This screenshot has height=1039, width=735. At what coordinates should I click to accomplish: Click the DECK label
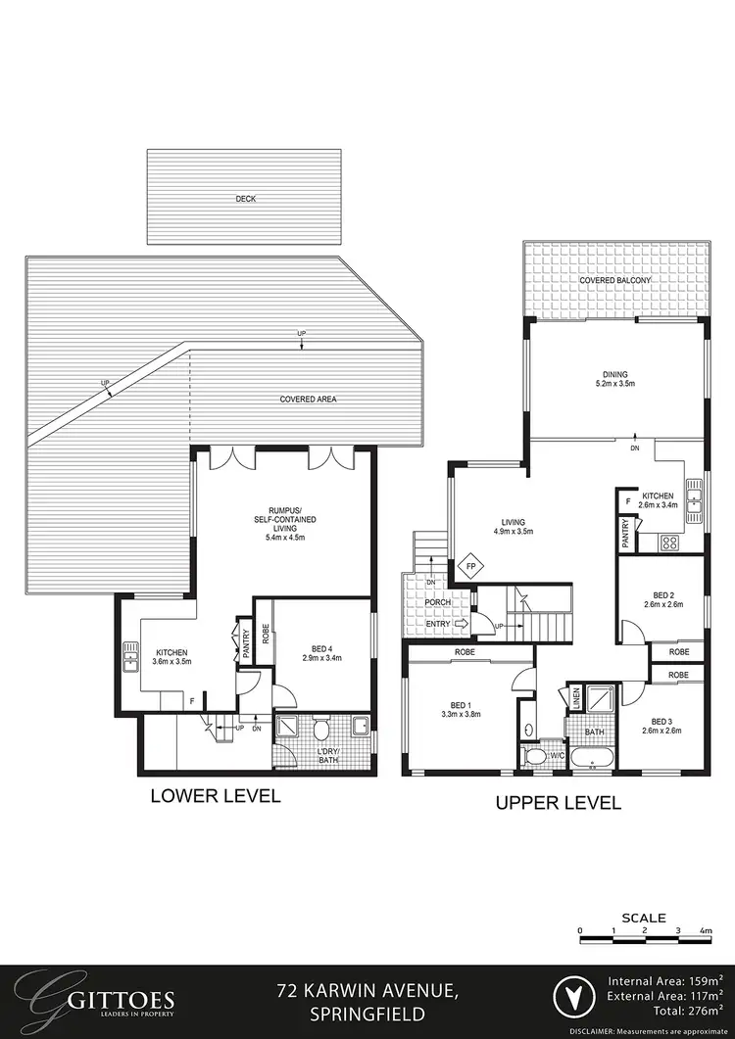pyautogui.click(x=245, y=199)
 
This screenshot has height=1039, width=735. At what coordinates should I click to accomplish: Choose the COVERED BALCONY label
pyautogui.click(x=615, y=281)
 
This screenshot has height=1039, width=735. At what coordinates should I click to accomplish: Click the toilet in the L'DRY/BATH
pyautogui.click(x=319, y=730)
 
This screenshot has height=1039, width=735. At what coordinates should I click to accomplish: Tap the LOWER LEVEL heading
pyautogui.click(x=215, y=796)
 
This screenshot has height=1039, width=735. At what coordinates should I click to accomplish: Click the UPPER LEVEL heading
pyautogui.click(x=558, y=803)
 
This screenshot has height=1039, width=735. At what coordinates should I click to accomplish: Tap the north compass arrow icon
pyautogui.click(x=572, y=1001)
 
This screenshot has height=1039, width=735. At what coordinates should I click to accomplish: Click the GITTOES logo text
pyautogui.click(x=108, y=1001)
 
